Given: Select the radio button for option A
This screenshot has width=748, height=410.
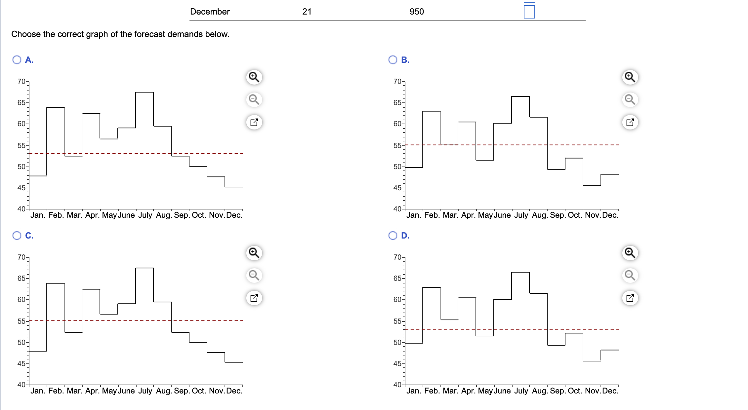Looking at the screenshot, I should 17,60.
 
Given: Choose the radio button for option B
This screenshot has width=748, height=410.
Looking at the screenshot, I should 393,60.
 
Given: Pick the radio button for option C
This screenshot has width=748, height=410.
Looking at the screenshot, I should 17,236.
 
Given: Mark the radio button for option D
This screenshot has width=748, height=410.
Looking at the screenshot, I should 393,236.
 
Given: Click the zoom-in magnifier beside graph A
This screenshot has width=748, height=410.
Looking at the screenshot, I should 254,77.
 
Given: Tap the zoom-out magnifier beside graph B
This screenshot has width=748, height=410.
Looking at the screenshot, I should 630,99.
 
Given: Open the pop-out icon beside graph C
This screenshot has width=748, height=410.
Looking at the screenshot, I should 254,298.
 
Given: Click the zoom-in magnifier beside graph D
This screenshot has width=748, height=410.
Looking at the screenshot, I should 630,253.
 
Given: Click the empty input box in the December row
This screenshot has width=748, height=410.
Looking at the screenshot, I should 529,12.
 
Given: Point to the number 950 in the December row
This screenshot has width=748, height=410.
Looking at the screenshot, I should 417,12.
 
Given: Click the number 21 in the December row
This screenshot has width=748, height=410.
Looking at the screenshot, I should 307,12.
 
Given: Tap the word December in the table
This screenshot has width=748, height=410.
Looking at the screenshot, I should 210,12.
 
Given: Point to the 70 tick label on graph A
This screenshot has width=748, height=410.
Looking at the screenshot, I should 21,82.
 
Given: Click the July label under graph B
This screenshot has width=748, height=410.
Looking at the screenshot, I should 521,215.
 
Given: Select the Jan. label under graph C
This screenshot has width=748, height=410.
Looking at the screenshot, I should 38,391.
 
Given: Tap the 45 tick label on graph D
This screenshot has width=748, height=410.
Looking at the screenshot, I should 397,364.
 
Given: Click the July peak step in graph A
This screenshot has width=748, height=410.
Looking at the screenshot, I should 145,93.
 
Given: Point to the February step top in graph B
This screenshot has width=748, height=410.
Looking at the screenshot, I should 432,112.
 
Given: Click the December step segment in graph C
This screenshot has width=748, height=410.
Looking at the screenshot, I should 234,363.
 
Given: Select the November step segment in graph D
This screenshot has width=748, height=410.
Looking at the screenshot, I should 592,361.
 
